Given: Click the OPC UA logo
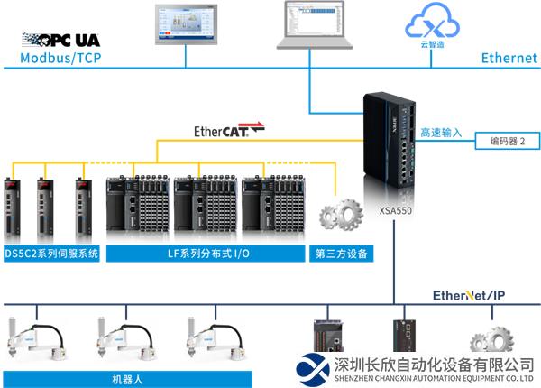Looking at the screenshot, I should pos(60,41).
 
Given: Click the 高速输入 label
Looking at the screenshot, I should pos(440,133).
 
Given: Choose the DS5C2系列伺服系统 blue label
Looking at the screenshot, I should pos(51,254).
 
